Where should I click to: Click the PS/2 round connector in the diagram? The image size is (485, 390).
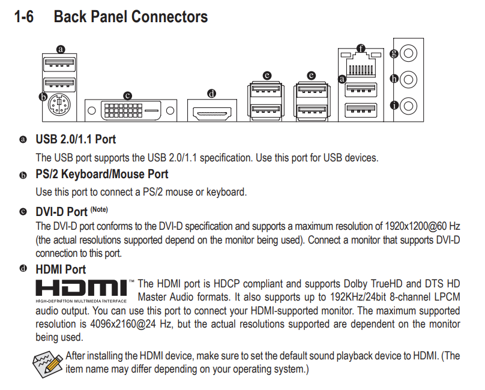click(59, 104)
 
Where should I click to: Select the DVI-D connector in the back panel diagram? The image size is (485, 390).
click(131, 110)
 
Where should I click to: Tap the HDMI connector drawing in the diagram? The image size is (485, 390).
click(212, 113)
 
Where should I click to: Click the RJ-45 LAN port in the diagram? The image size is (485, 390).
click(361, 64)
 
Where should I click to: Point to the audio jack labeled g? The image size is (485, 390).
click(408, 53)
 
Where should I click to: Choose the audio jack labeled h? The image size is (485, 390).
click(408, 79)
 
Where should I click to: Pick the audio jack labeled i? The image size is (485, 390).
click(408, 106)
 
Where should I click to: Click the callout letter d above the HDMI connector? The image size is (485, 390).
click(211, 94)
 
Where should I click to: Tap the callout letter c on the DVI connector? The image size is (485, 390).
click(127, 96)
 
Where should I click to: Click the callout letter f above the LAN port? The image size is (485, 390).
click(361, 48)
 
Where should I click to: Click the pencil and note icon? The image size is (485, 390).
click(47, 364)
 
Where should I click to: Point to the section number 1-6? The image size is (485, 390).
click(24, 17)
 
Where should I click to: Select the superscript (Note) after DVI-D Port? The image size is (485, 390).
click(99, 209)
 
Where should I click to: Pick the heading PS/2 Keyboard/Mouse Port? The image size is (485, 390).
click(102, 174)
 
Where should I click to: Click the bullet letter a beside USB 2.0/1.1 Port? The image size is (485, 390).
click(23, 140)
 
